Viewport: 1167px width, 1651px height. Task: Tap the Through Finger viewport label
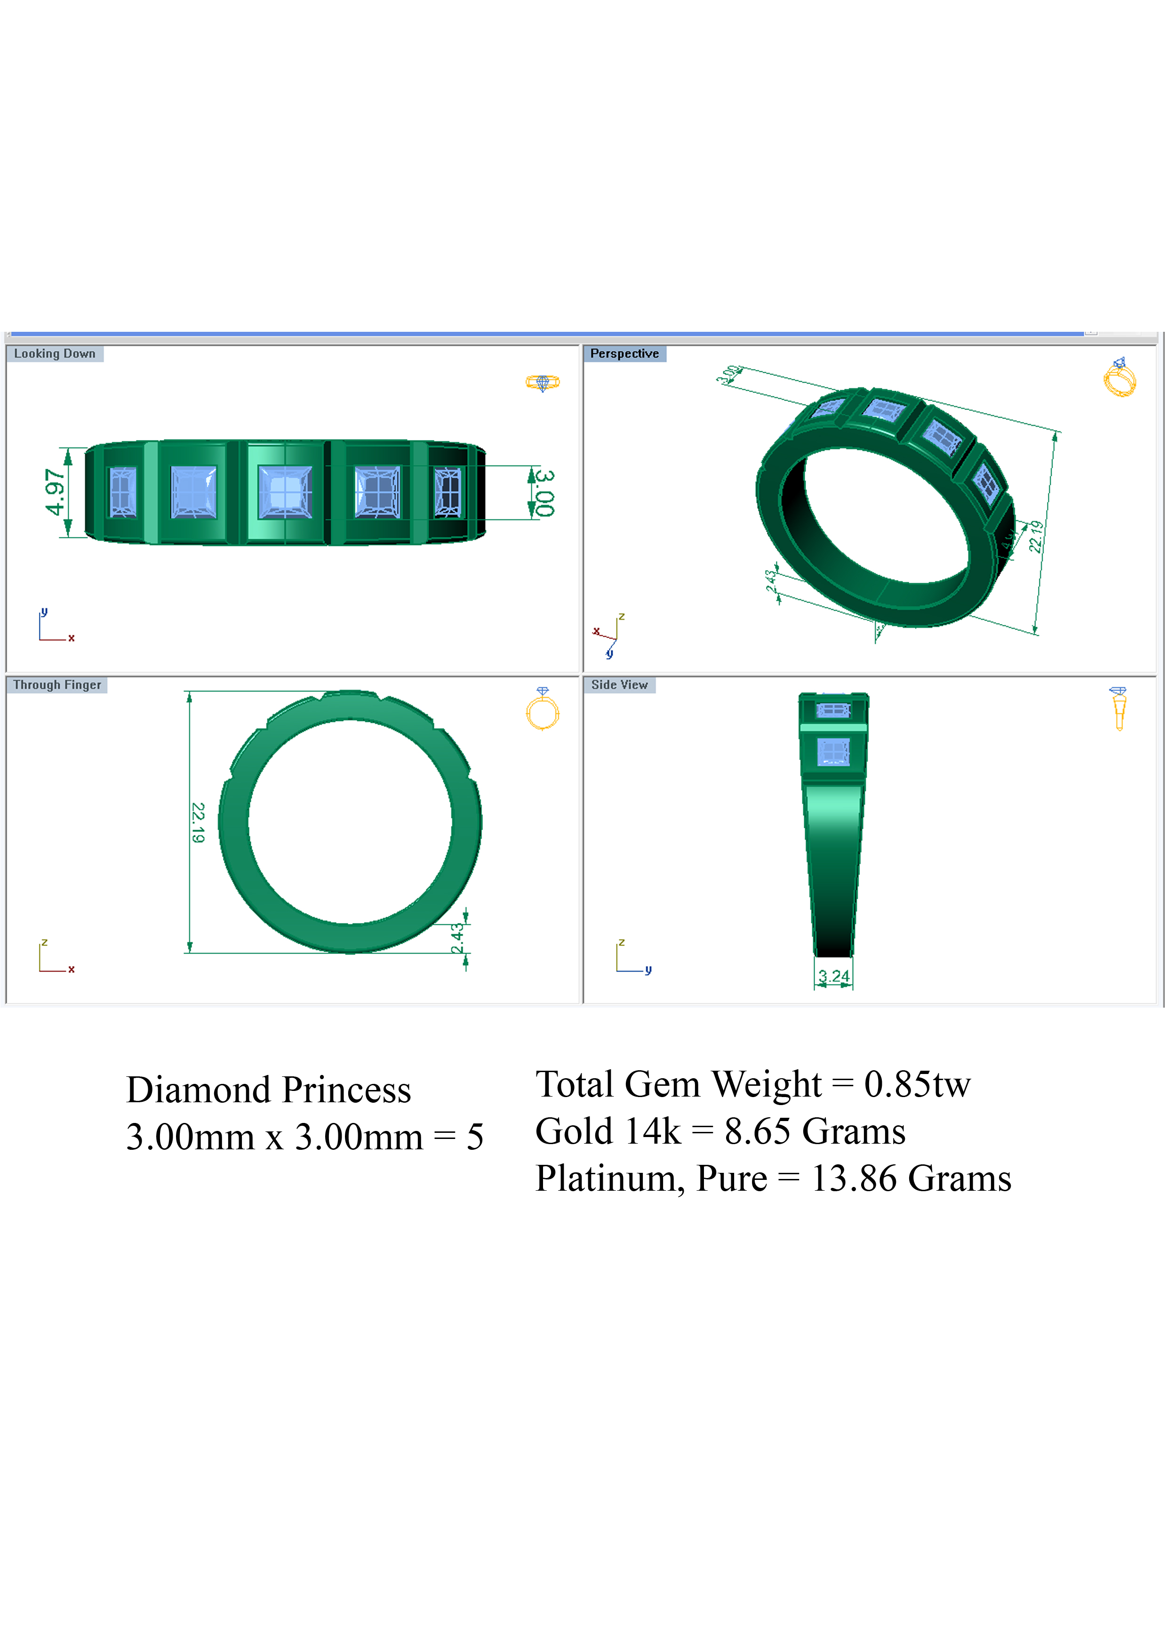57,685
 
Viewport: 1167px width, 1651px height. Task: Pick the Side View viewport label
619,685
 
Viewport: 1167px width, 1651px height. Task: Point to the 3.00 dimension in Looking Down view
545,493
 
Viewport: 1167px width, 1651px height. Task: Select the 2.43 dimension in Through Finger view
457,938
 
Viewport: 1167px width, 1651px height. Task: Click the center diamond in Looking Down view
286,493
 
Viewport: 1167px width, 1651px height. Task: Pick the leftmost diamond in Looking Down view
123,493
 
